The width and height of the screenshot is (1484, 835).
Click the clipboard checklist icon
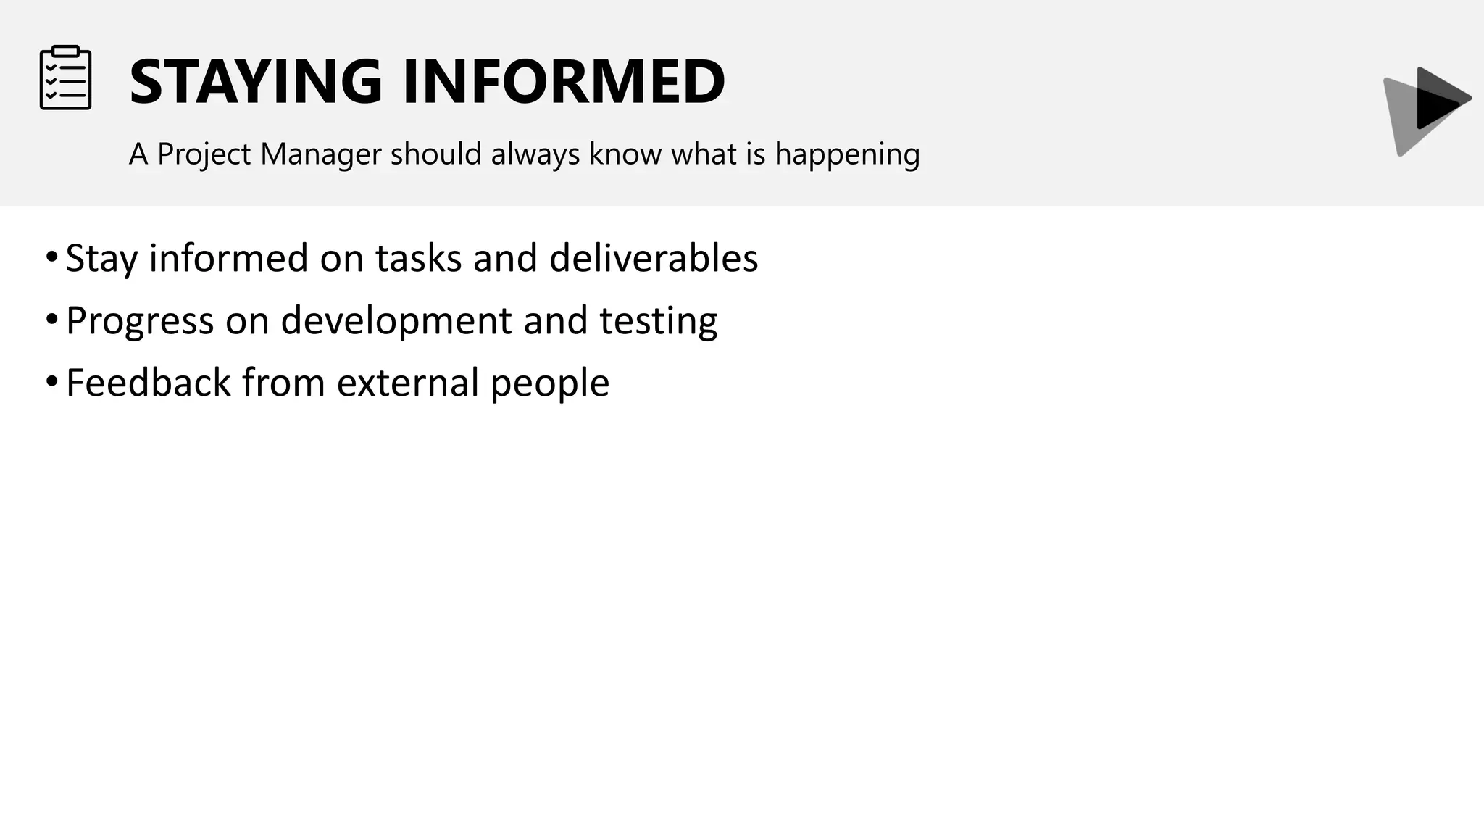click(65, 78)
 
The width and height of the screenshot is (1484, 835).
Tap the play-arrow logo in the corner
click(1426, 109)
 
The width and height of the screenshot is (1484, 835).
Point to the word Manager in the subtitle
click(320, 154)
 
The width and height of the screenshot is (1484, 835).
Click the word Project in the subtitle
click(204, 154)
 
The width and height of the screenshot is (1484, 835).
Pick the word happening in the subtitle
click(847, 154)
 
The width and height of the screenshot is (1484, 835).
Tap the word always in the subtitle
click(535, 154)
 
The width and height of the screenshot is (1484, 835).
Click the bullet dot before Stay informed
click(51, 257)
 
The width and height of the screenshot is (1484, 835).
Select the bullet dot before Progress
click(51, 319)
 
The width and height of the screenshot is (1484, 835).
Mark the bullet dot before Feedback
click(51, 381)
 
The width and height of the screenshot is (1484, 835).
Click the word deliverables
click(654, 258)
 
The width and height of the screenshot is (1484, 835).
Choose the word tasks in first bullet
click(418, 258)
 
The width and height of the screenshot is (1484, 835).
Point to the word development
click(396, 320)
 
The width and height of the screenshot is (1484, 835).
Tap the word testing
click(658, 320)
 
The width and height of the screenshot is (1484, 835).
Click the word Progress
click(140, 320)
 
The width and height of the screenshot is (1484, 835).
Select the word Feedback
click(148, 383)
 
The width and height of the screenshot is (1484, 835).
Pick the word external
click(407, 383)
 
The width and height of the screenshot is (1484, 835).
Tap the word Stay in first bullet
click(101, 258)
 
